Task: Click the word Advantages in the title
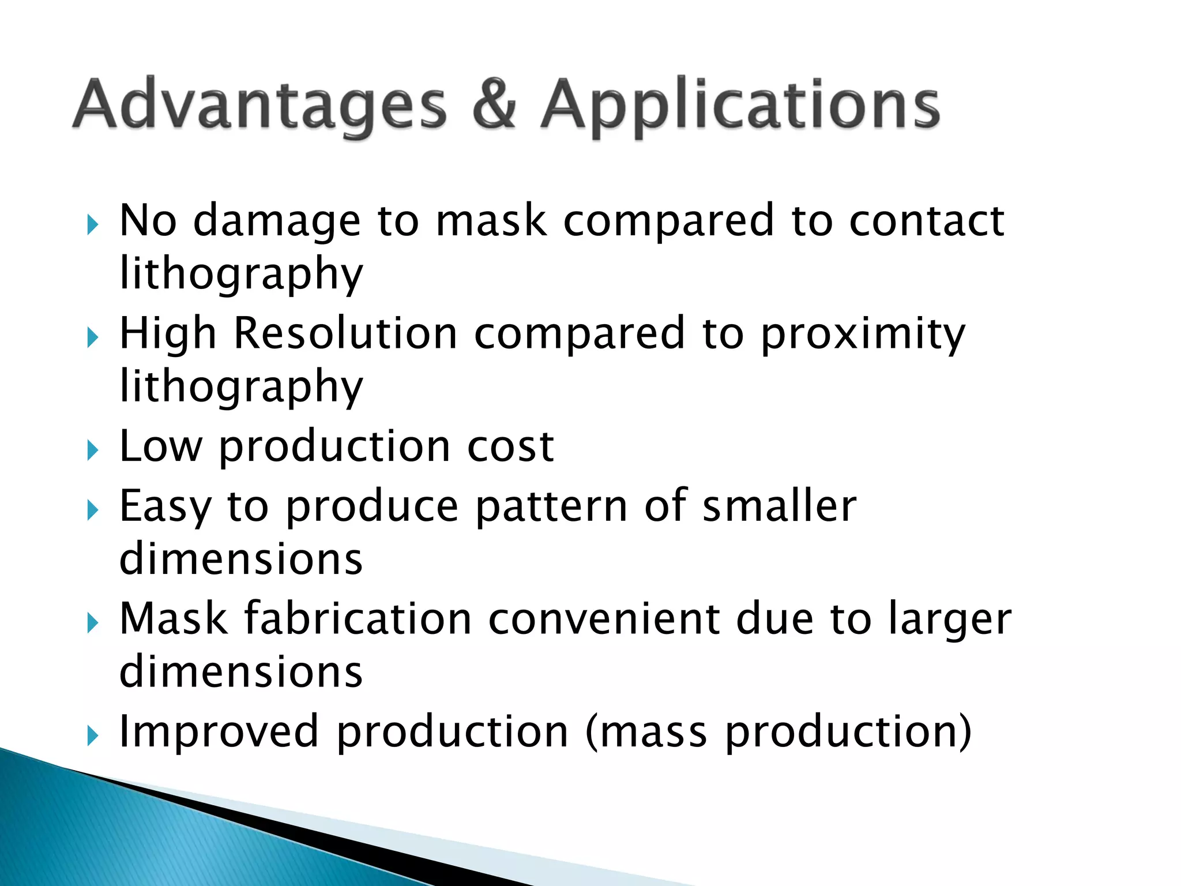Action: (259, 105)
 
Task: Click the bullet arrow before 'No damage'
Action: (93, 224)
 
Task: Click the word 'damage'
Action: (276, 221)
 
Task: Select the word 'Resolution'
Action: (345, 333)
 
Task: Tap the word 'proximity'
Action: (863, 335)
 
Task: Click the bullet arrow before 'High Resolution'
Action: (93, 337)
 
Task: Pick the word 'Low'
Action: (161, 446)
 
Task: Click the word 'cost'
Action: (510, 446)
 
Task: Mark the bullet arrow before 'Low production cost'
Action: (93, 450)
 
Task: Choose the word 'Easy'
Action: (165, 506)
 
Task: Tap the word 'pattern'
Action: (551, 506)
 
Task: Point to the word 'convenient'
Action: (604, 618)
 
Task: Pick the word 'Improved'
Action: (219, 731)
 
